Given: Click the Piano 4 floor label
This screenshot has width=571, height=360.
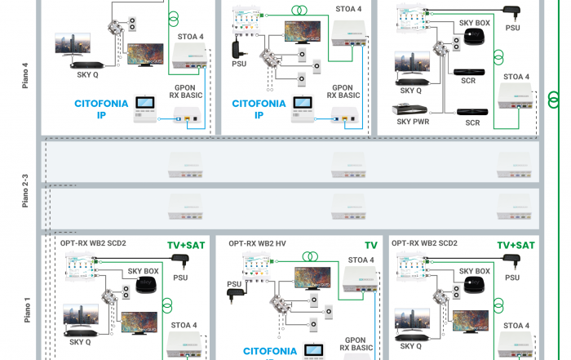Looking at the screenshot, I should tap(25, 75).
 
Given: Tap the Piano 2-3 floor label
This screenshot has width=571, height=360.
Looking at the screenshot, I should tap(25, 188).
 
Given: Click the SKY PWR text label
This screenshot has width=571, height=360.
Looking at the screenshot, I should tap(413, 122).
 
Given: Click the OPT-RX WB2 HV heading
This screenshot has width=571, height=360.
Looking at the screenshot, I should tap(257, 243).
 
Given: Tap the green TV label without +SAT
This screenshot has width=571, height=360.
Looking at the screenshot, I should tap(370, 244).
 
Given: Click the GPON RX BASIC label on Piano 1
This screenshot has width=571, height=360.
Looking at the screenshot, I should tap(354, 344).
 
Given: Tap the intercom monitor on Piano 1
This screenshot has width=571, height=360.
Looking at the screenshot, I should tap(314, 351).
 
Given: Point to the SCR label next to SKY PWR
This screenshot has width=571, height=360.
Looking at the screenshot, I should tap(472, 122).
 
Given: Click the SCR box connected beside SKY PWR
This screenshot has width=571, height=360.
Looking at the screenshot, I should tap(470, 111).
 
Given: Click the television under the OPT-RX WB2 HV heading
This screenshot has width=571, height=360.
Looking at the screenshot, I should tap(312, 278).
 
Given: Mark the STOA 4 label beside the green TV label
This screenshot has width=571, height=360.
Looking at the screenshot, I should tap(360, 260).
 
